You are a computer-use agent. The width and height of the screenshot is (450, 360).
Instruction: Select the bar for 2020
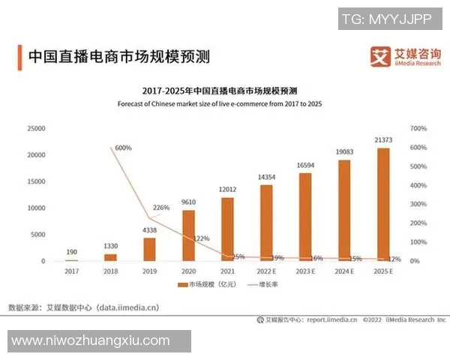point(189,235)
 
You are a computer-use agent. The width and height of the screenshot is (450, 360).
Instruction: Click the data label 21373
point(382,141)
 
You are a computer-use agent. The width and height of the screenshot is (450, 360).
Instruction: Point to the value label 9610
point(189,202)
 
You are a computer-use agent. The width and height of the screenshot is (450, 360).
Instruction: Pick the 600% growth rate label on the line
point(123,148)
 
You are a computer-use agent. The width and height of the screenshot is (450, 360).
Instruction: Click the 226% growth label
point(162,208)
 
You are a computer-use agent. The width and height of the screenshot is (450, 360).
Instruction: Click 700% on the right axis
point(418,128)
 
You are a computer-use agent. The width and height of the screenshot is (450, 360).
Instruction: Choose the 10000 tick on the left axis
point(35,208)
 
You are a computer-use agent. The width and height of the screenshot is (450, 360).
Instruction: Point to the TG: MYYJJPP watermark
point(381,19)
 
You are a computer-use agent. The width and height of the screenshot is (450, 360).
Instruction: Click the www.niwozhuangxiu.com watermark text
point(91,340)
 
